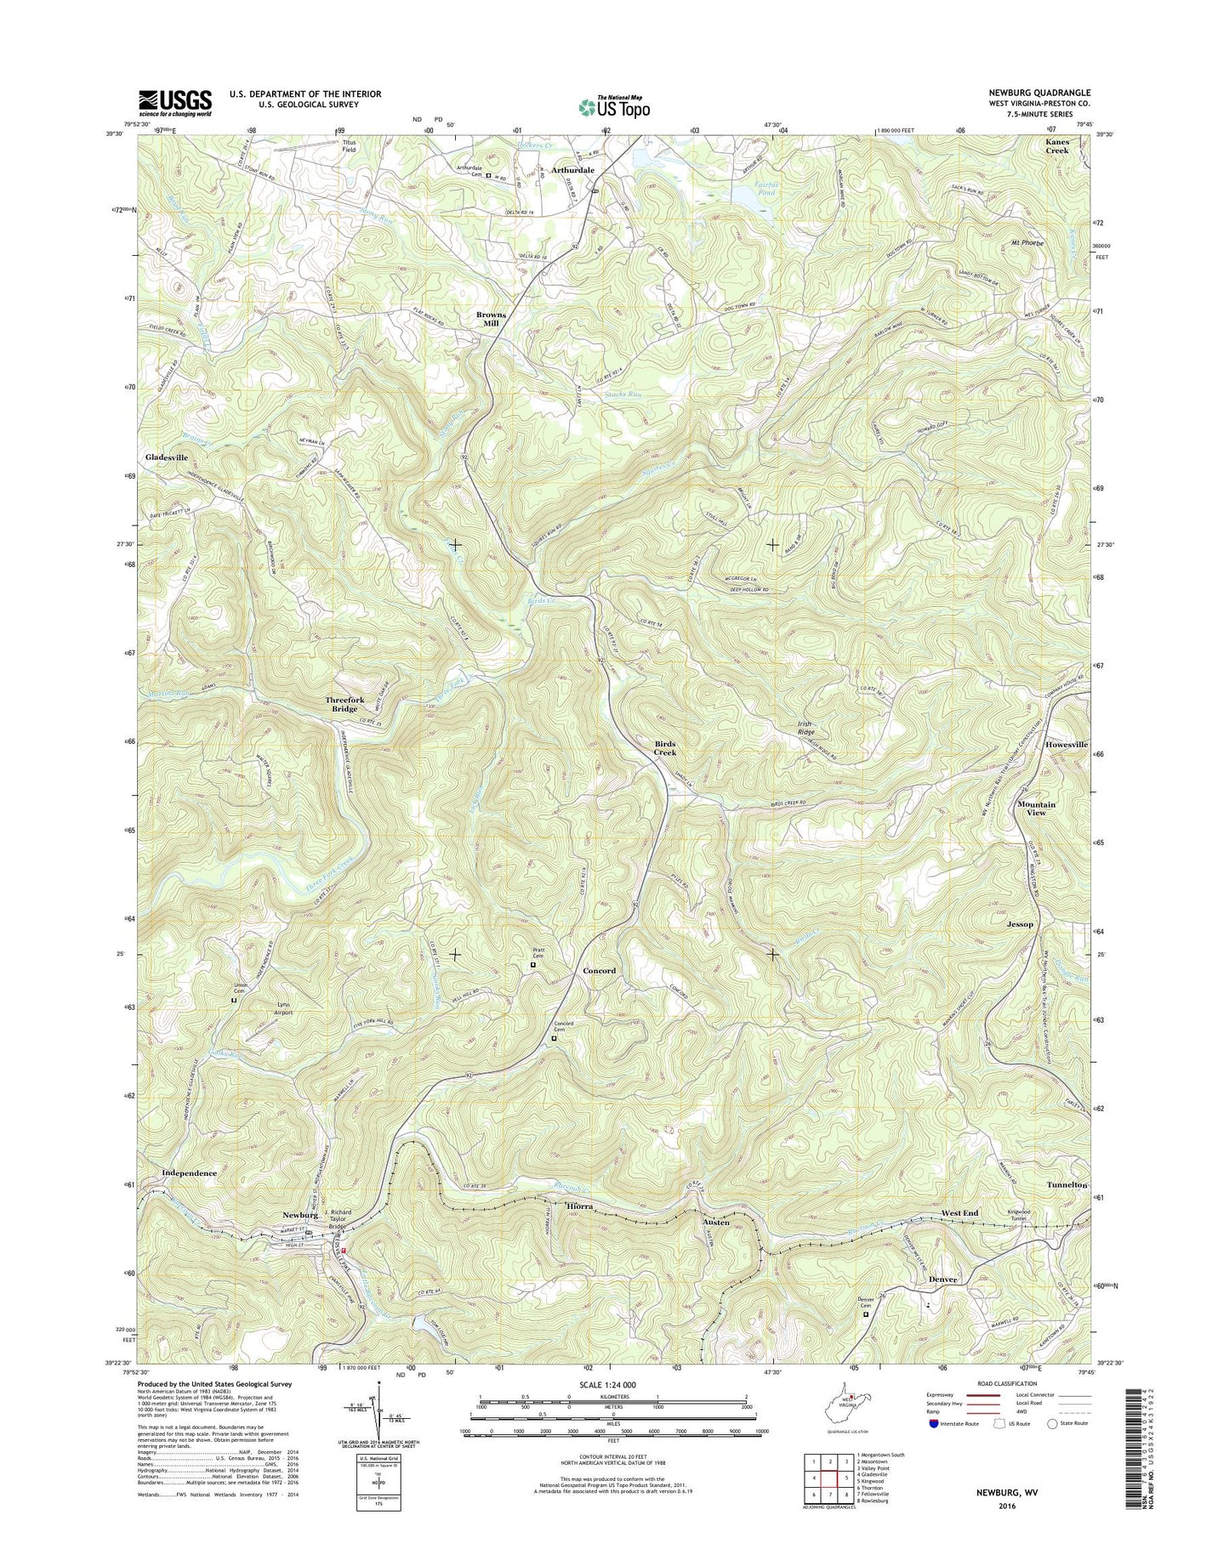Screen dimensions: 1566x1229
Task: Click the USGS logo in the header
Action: pyautogui.click(x=175, y=103)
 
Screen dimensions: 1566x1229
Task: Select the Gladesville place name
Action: pyautogui.click(x=167, y=457)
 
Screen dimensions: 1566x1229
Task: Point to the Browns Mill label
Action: pyautogui.click(x=491, y=319)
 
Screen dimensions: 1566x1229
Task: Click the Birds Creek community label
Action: pyautogui.click(x=665, y=748)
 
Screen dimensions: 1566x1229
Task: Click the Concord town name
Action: pyautogui.click(x=600, y=970)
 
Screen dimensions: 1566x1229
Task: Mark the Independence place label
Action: pyautogui.click(x=189, y=1172)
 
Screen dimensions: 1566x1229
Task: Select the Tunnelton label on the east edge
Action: pyautogui.click(x=1067, y=1184)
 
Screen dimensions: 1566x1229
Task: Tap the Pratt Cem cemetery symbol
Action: pyautogui.click(x=533, y=965)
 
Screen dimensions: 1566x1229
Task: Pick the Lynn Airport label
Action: pyautogui.click(x=284, y=1008)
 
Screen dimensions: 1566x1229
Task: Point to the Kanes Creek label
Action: pyautogui.click(x=1057, y=145)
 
